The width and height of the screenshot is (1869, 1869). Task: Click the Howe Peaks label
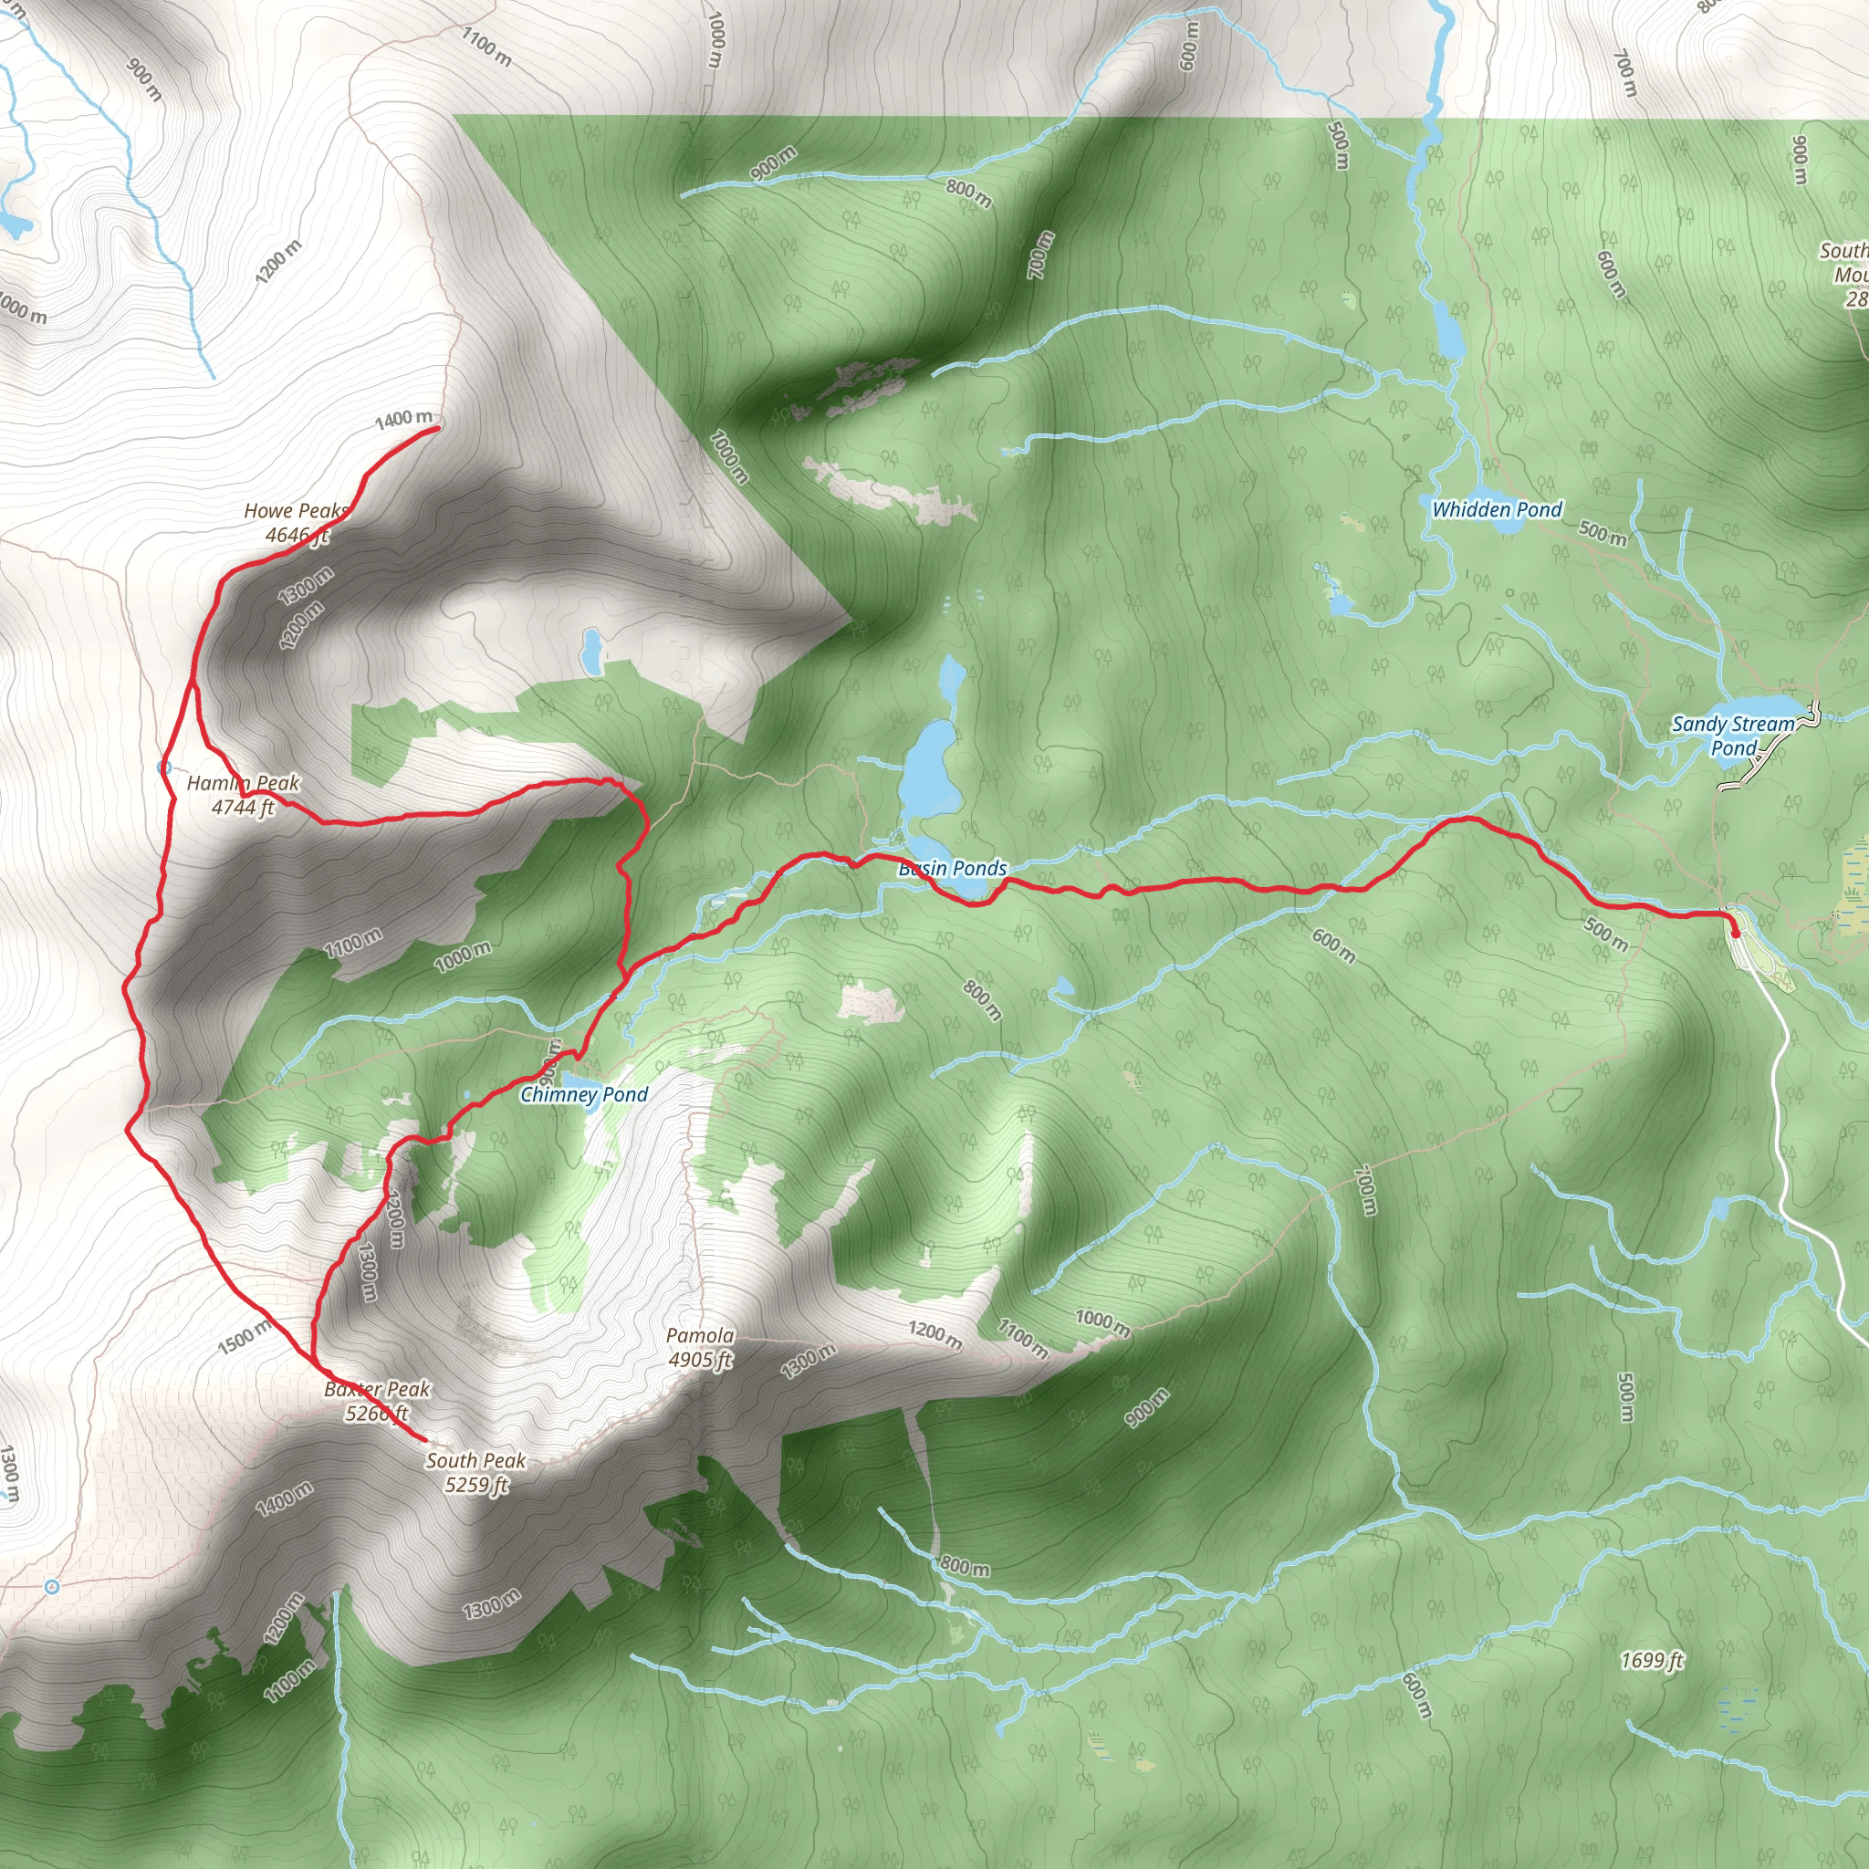coord(295,522)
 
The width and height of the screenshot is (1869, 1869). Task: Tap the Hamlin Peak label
coord(243,795)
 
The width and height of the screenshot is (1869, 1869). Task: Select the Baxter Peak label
coord(377,1401)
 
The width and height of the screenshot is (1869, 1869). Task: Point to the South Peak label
coord(476,1472)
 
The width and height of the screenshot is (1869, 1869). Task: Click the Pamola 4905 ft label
coord(700,1348)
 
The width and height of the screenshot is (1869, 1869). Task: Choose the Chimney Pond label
coord(583,1094)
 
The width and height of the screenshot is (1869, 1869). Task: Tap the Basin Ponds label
coord(953,868)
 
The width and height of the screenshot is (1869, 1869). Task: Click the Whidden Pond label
coord(1497,510)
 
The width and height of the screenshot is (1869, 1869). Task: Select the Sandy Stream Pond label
coord(1733,736)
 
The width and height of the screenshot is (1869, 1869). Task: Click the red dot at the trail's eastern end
coord(1734,933)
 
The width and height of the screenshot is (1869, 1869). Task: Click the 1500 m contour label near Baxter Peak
coord(245,1337)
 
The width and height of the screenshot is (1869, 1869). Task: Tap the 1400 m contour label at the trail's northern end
coord(403,419)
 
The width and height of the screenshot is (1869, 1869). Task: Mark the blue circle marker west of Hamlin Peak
coord(163,767)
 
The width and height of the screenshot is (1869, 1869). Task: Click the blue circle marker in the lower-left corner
coord(52,1586)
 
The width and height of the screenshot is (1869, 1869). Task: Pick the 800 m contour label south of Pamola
coord(965,1566)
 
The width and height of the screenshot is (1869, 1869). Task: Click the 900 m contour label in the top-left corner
coord(144,80)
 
